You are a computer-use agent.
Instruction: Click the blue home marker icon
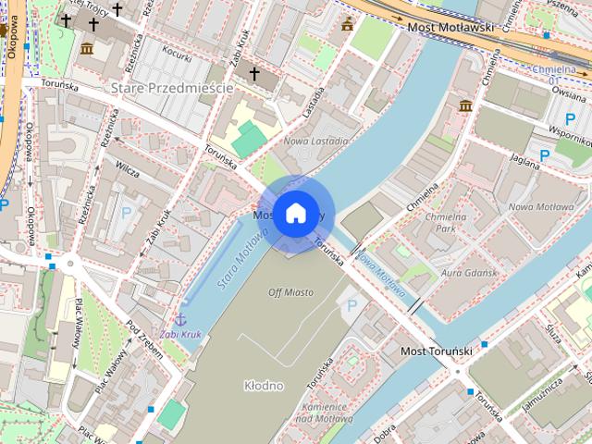pyautogui.click(x=294, y=214)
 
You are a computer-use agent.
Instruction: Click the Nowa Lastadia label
pyautogui.click(x=316, y=142)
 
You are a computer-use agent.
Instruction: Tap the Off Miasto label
pyautogui.click(x=290, y=292)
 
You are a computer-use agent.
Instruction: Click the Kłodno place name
pyautogui.click(x=264, y=385)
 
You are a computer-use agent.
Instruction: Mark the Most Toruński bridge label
pyautogui.click(x=437, y=352)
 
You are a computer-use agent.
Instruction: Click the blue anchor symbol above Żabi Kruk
pyautogui.click(x=180, y=319)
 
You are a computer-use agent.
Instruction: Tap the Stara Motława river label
pyautogui.click(x=236, y=262)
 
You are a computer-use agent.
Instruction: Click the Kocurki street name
pyautogui.click(x=176, y=53)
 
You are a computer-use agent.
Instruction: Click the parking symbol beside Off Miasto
pyautogui.click(x=351, y=304)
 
